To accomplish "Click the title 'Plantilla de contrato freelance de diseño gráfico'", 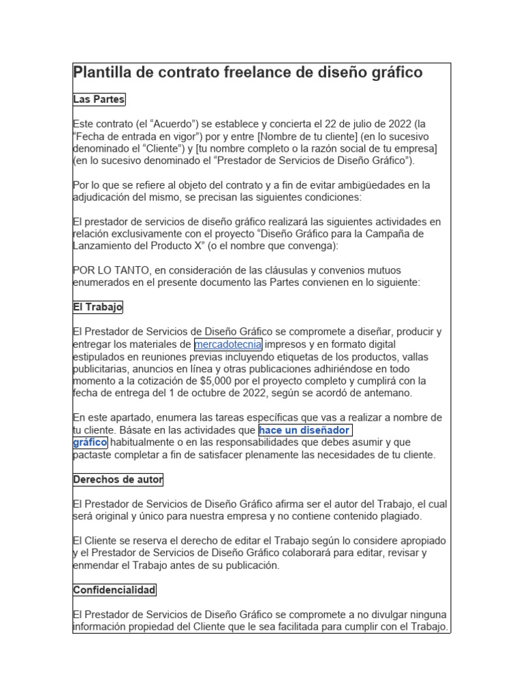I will tap(247, 73).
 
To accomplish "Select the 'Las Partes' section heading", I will tap(99, 100).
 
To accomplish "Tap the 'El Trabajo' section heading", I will tap(97, 308).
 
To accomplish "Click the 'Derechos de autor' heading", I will tap(118, 480).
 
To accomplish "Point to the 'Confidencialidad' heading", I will tap(114, 590).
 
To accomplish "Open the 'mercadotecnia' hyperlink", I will tap(227, 344).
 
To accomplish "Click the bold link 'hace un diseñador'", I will tap(304, 431).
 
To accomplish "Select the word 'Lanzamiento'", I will tap(103, 246).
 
